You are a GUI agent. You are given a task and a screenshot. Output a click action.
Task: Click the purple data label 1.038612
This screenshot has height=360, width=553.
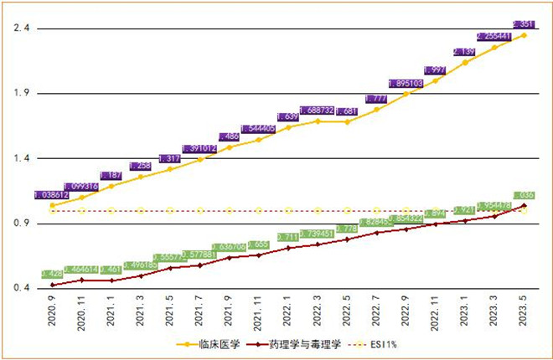(53, 194)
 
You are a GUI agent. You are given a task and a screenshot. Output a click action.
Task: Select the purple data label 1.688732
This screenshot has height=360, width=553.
(318, 111)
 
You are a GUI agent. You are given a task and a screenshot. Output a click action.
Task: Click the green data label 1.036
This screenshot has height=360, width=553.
(524, 195)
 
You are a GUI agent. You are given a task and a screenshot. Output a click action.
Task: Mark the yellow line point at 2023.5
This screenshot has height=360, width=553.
(525, 35)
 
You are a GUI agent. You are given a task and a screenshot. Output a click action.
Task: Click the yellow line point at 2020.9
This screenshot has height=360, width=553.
(53, 205)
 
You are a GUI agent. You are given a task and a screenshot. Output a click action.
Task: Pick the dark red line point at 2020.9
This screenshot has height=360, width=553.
(53, 285)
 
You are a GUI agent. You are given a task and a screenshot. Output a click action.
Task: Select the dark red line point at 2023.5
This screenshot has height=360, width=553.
(525, 205)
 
